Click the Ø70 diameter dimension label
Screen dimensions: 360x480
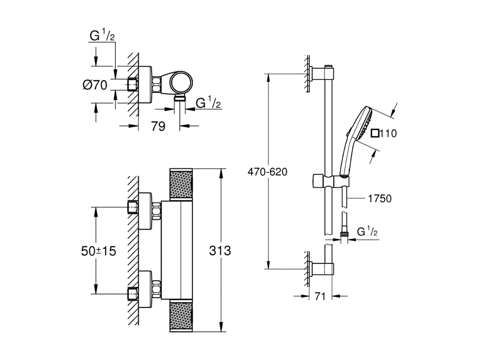tap(95, 85)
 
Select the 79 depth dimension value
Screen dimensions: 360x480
tap(158, 126)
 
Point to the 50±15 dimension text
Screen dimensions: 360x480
tap(98, 251)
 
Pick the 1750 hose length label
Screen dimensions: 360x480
tap(379, 199)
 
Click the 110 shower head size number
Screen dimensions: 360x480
tap(389, 134)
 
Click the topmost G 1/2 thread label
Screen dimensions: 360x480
tap(102, 36)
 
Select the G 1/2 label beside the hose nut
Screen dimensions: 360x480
tap(367, 232)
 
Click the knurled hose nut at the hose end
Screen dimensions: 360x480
tap(344, 235)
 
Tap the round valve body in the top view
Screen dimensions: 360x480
tap(179, 83)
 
